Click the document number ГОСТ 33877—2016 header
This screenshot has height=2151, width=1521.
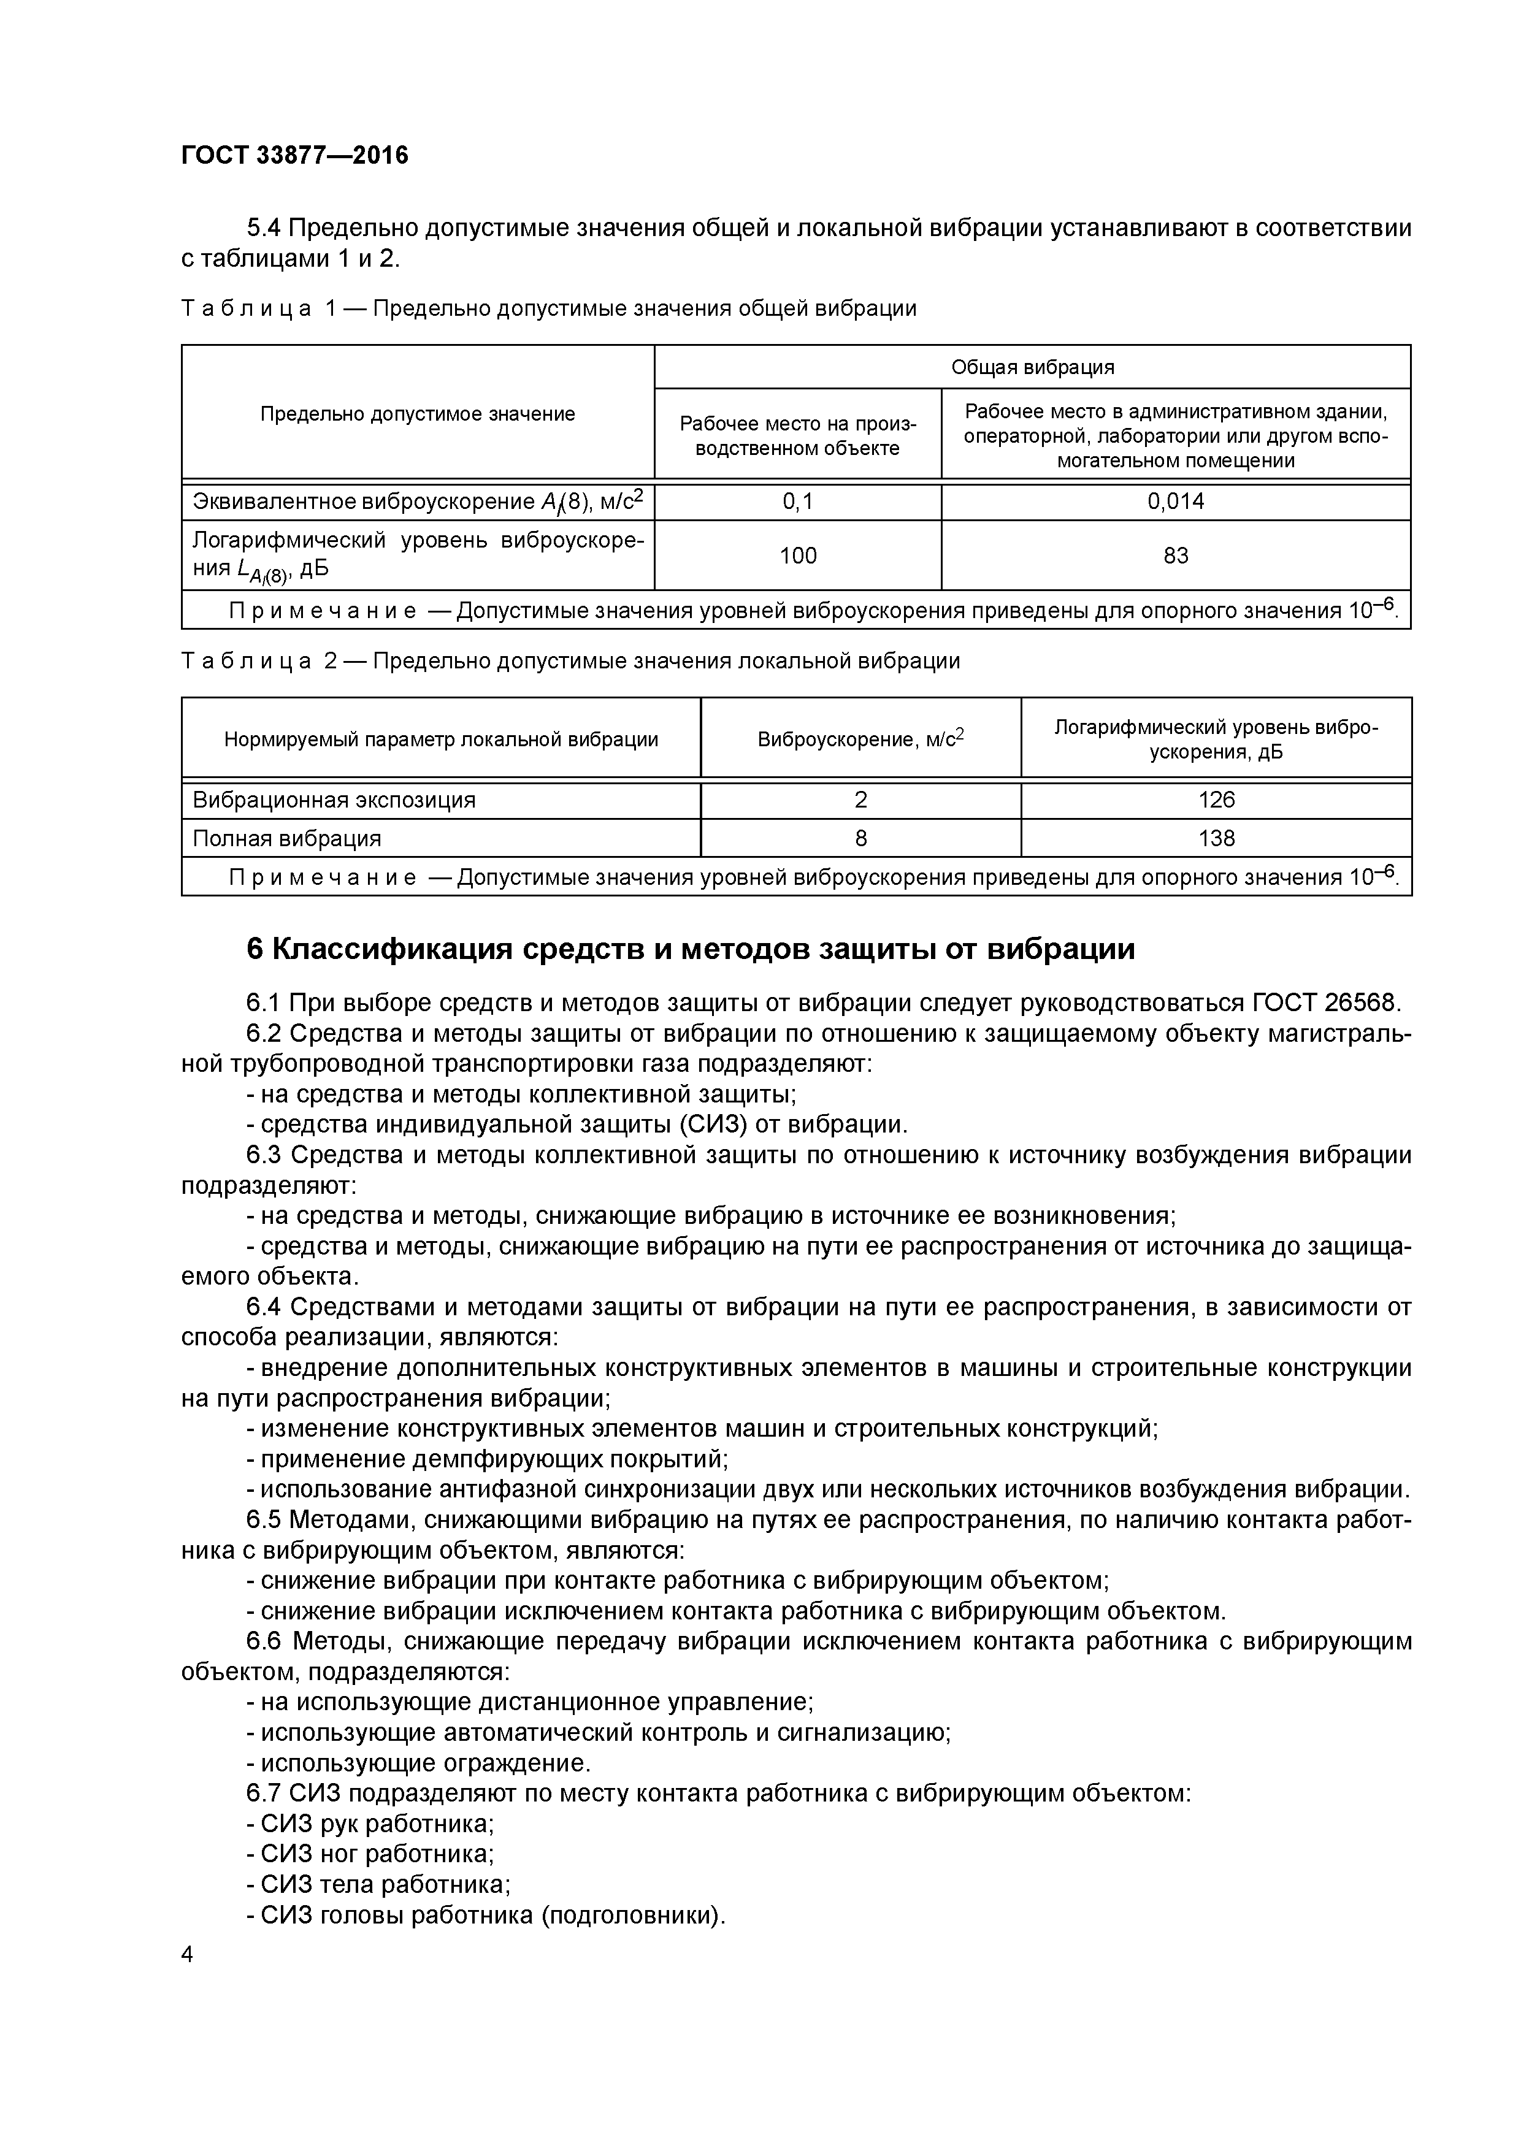click(294, 155)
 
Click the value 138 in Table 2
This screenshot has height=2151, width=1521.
click(1216, 838)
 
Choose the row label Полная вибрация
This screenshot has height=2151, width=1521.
click(287, 838)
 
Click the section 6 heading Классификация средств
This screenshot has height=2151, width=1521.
click(690, 949)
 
